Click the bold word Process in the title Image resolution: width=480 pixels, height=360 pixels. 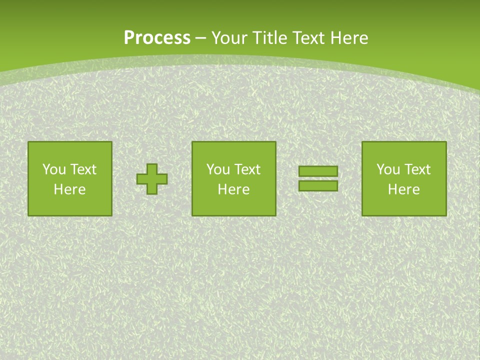157,38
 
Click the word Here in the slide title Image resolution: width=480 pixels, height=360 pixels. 349,38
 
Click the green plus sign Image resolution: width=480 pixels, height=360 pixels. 152,179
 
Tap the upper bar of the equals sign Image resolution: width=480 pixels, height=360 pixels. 318,171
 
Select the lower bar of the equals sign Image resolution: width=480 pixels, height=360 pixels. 318,185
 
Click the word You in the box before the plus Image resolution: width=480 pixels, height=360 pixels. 53,169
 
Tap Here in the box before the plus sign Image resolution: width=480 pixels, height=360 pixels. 69,189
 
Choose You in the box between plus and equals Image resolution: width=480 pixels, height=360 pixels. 217,169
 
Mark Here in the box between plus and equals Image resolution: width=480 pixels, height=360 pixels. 233,189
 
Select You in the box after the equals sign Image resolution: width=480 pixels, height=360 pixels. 387,169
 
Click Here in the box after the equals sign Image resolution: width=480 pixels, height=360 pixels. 403,189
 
